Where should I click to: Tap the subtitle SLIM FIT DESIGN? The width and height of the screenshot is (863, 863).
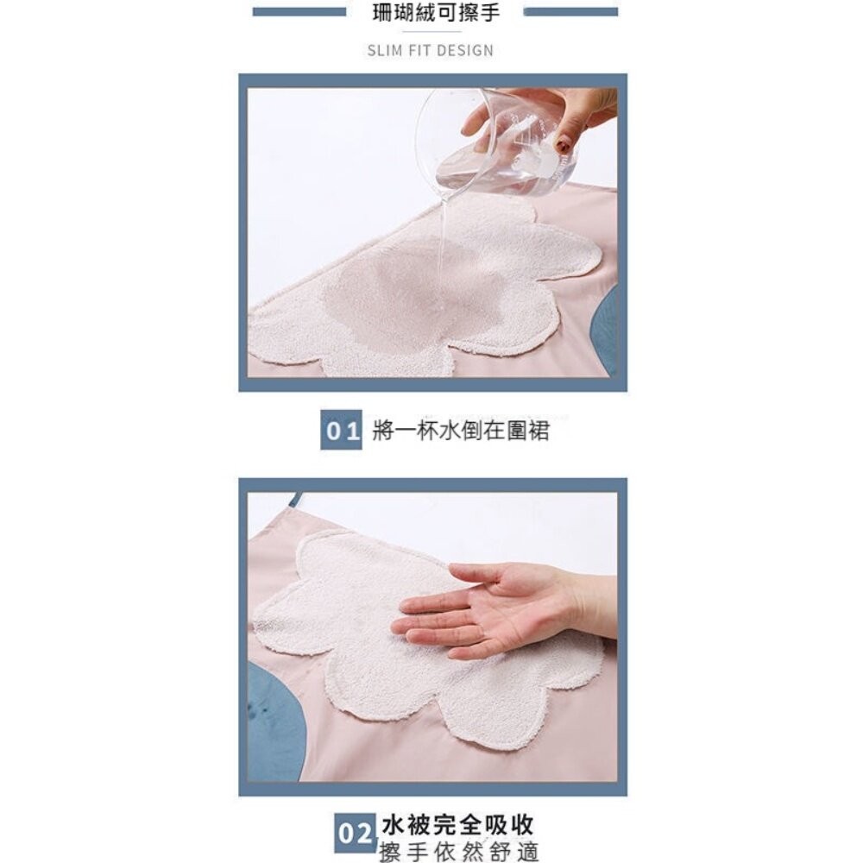[x=431, y=49]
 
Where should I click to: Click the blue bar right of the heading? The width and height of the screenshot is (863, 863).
[x=570, y=12]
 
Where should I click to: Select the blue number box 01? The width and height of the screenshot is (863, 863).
[x=342, y=431]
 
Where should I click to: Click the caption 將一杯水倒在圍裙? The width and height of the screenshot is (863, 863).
[x=461, y=431]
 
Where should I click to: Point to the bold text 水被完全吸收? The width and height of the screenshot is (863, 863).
[x=458, y=822]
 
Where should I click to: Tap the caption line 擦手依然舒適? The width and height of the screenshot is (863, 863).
[x=459, y=851]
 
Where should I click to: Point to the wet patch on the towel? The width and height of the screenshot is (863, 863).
[x=380, y=302]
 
